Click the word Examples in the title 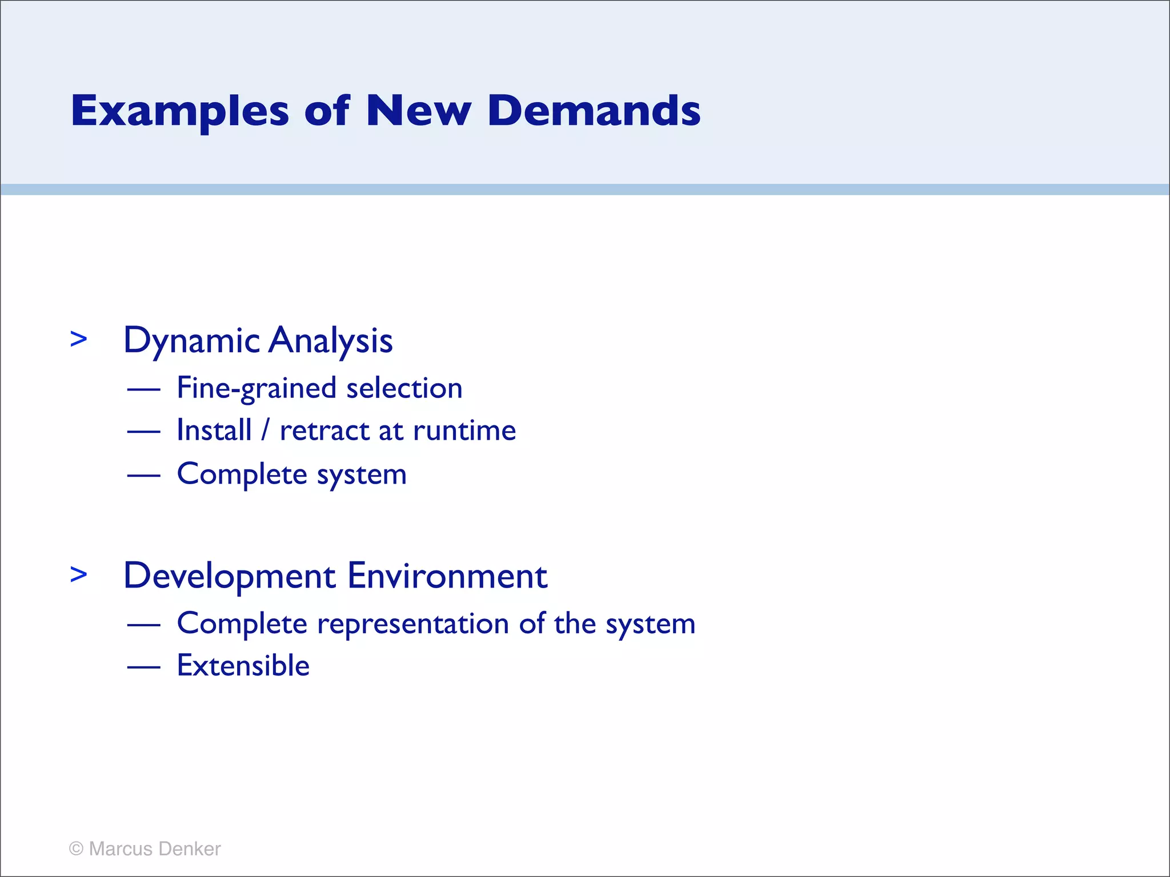(x=180, y=111)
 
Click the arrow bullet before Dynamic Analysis (x=79, y=339)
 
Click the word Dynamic (x=192, y=341)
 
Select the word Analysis (x=331, y=341)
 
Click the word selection (x=404, y=389)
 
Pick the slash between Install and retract (x=265, y=431)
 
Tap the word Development (x=229, y=576)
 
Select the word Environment (x=447, y=576)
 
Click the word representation (x=413, y=623)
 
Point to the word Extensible (x=243, y=666)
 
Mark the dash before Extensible (x=143, y=667)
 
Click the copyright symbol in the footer (x=76, y=849)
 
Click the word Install (x=214, y=431)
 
